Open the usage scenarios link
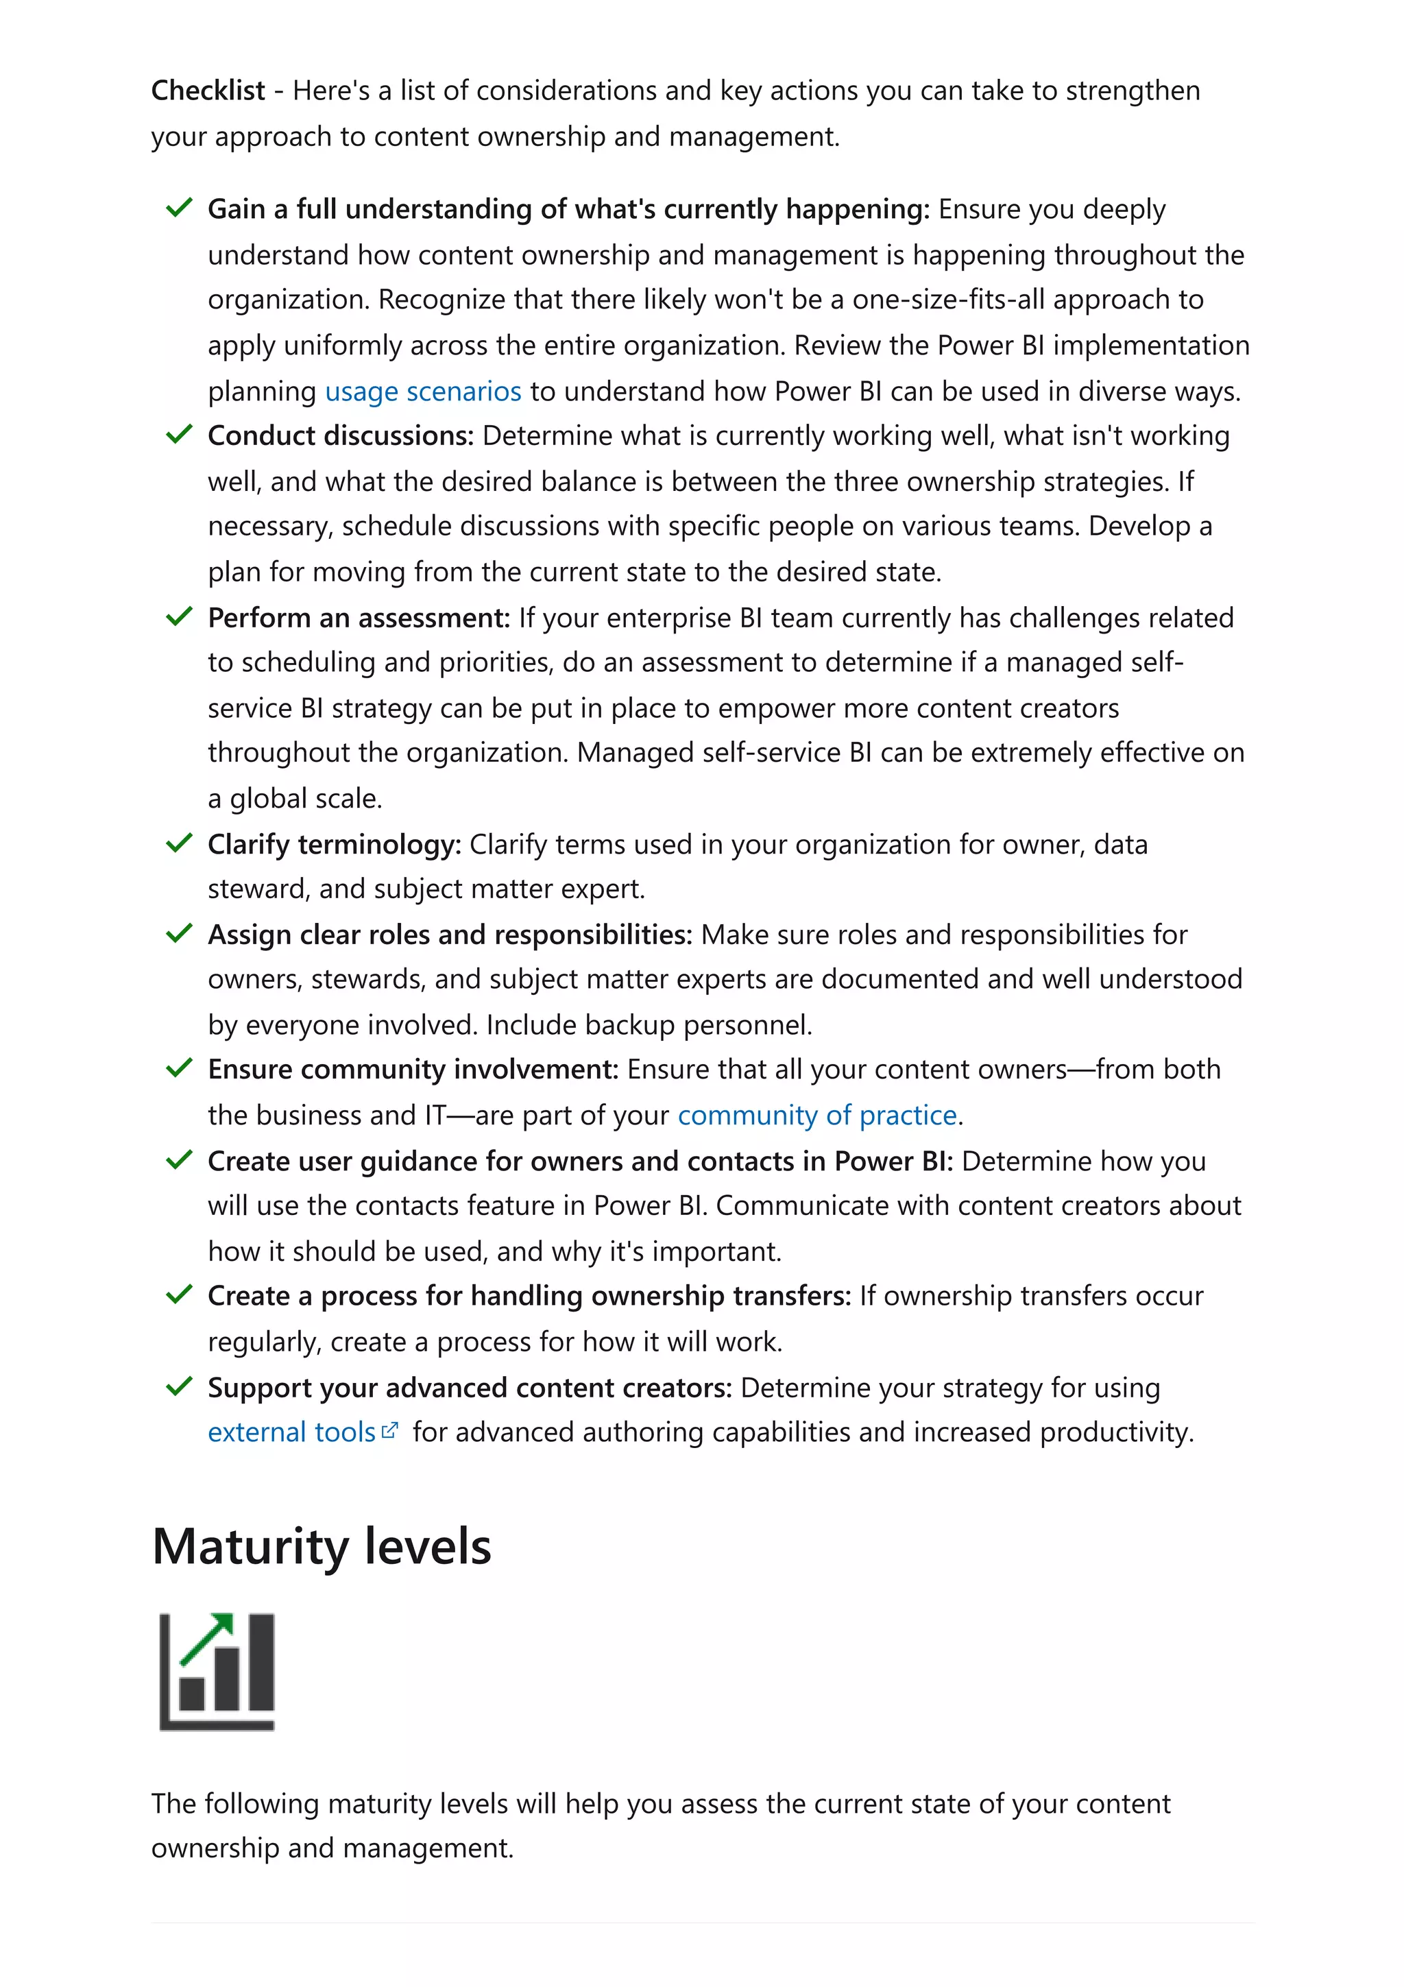tap(423, 392)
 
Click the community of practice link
tap(816, 1116)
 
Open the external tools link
tap(291, 1432)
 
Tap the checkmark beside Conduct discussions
tap(178, 435)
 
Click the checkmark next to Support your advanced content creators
tap(178, 1386)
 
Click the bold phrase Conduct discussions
tap(340, 436)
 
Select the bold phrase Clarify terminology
tap(334, 845)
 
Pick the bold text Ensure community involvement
tap(413, 1070)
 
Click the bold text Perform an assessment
tap(358, 618)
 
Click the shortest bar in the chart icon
tap(191, 1694)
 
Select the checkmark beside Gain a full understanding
tap(178, 208)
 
